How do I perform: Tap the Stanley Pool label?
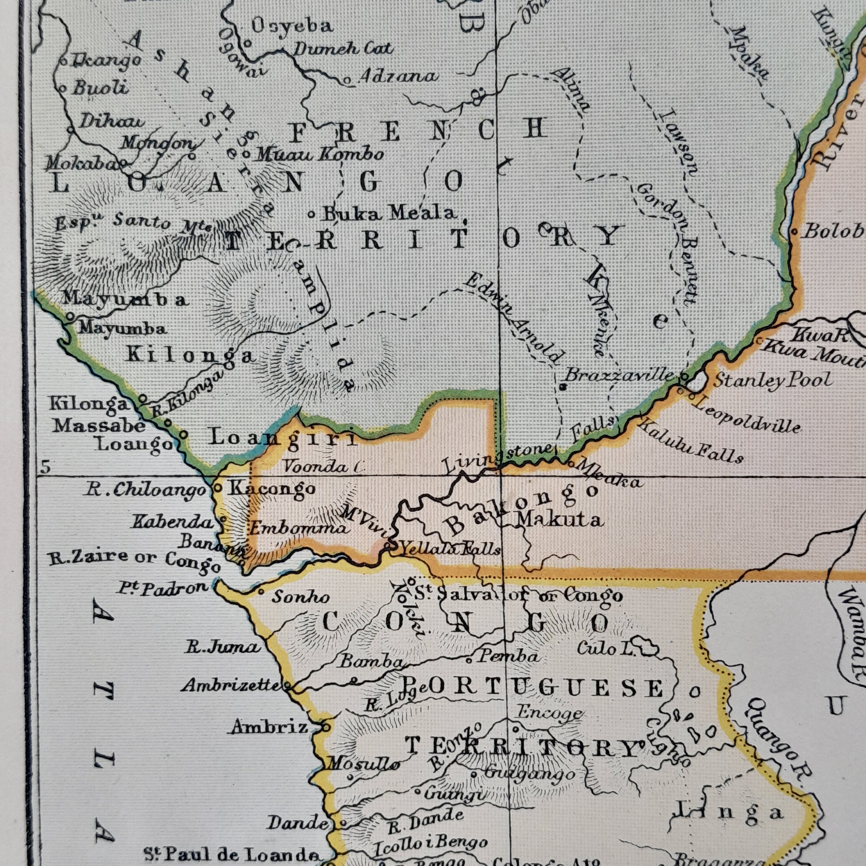pos(773,380)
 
